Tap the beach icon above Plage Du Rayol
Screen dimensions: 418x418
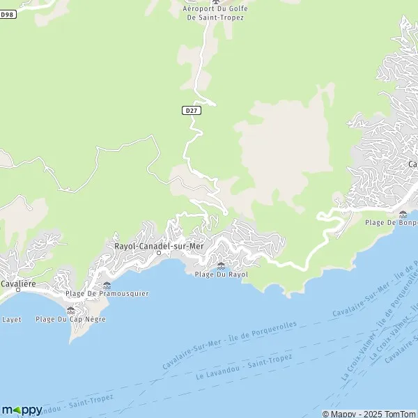pyautogui.click(x=221, y=265)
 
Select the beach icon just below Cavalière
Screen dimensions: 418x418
pyautogui.click(x=70, y=310)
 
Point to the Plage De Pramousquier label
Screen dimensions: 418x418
pyautogui.click(x=107, y=293)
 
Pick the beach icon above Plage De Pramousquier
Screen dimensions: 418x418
pyautogui.click(x=107, y=285)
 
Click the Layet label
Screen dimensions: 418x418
pyautogui.click(x=12, y=319)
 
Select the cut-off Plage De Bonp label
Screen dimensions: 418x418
pyautogui.click(x=392, y=222)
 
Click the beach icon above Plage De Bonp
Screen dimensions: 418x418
pyautogui.click(x=403, y=214)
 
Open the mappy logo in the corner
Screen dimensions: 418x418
pyautogui.click(x=22, y=410)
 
